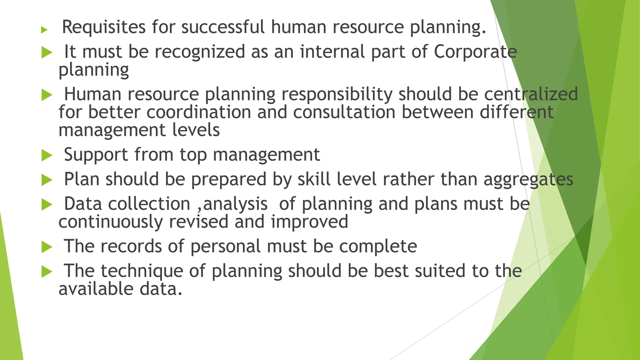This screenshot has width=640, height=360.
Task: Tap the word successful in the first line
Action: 223,27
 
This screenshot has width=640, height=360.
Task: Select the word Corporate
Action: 475,52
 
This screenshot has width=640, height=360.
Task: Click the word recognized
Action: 200,52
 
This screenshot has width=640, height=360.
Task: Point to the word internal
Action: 332,52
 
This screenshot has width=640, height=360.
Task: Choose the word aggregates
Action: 528,180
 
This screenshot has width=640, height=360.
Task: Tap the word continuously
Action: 111,222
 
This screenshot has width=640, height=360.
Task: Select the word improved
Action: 309,222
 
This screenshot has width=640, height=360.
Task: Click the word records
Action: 131,246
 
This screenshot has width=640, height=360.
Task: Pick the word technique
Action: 142,271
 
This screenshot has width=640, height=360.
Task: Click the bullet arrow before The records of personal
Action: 47,247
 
